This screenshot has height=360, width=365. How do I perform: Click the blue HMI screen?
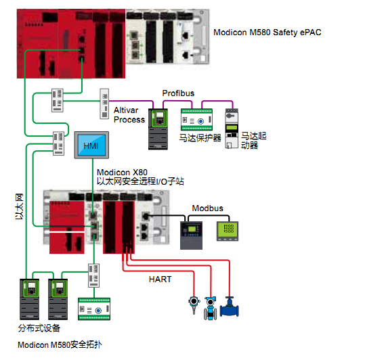click(x=91, y=145)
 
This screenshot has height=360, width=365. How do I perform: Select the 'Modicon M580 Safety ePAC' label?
click(x=267, y=32)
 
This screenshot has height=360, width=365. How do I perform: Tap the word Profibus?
click(x=178, y=93)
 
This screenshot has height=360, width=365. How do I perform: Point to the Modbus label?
click(x=207, y=208)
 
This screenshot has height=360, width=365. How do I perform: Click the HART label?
click(x=160, y=279)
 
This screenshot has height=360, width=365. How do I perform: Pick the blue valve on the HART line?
click(x=230, y=307)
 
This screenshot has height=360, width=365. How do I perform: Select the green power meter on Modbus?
click(x=228, y=231)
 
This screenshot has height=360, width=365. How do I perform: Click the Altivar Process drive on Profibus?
click(x=158, y=129)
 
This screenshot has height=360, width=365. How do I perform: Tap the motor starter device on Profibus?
click(x=232, y=129)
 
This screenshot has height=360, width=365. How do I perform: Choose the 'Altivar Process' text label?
click(x=129, y=115)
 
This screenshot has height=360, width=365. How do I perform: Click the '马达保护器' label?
click(x=200, y=138)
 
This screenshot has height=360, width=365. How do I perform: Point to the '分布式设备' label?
click(x=39, y=328)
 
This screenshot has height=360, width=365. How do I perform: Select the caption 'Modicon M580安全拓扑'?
click(x=60, y=344)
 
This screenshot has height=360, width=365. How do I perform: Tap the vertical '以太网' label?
click(x=19, y=206)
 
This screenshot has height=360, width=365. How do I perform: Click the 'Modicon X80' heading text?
click(x=122, y=173)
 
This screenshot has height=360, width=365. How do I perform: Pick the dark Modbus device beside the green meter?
click(x=191, y=235)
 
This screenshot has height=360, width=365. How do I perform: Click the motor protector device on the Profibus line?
click(x=196, y=120)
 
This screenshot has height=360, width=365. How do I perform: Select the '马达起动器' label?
click(x=253, y=141)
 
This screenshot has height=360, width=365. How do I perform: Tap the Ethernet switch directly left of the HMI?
click(x=58, y=143)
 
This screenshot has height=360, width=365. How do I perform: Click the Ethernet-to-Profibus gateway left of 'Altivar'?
click(x=104, y=104)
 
